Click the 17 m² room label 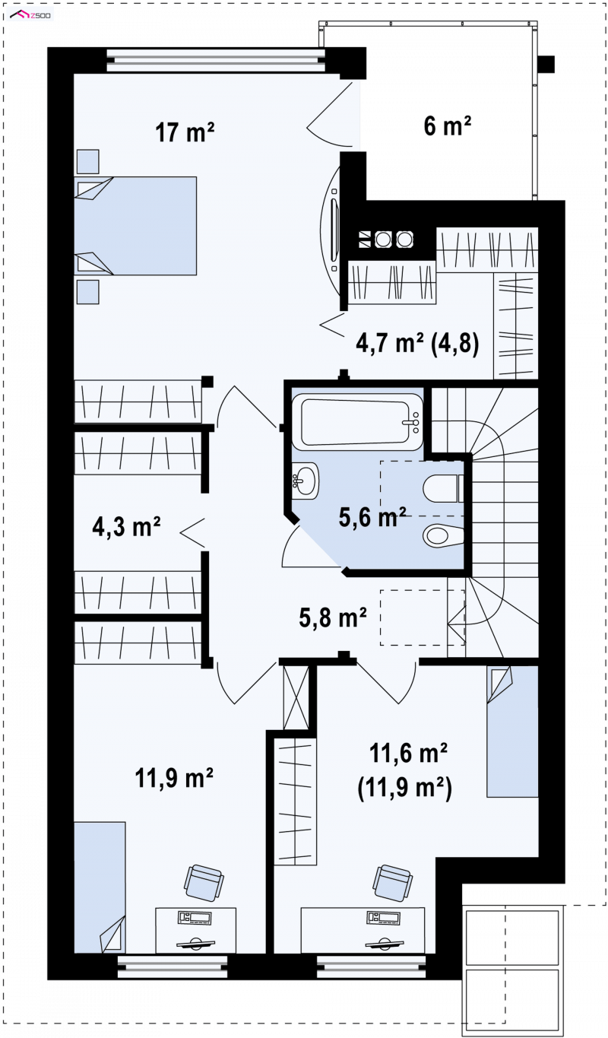(x=185, y=132)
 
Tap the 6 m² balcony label (x=448, y=125)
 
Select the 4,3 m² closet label (x=126, y=527)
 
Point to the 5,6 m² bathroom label (x=372, y=517)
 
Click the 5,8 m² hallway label (x=332, y=617)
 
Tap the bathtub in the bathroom (x=357, y=422)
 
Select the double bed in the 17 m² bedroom (x=135, y=226)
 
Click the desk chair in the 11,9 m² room (x=204, y=882)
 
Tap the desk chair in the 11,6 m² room (x=393, y=882)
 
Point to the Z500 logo (x=30, y=15)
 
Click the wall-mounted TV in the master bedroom (x=334, y=230)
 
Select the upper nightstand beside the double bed (x=87, y=162)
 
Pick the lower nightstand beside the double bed (x=87, y=292)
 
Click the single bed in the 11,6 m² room (x=512, y=732)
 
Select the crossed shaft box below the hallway (x=296, y=697)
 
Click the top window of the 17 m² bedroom (x=216, y=60)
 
